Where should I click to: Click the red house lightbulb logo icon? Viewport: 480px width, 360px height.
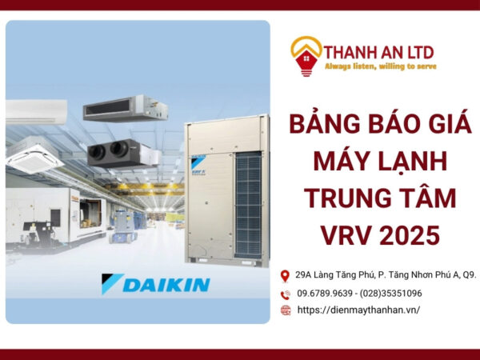(x=306, y=57)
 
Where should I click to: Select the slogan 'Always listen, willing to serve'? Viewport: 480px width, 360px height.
(x=381, y=66)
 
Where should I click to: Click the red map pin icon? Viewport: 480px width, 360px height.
(x=285, y=276)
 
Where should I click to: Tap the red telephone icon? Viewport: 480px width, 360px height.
(x=286, y=294)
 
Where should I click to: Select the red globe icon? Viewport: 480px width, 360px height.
(x=286, y=310)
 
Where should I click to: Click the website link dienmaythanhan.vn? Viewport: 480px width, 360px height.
(x=358, y=310)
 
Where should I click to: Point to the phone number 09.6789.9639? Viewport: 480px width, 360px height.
(x=325, y=294)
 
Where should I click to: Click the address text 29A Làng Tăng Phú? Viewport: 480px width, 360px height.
(x=335, y=275)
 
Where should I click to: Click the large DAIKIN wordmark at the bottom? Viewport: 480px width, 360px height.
(x=156, y=284)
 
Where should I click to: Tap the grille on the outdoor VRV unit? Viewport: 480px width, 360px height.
(x=248, y=205)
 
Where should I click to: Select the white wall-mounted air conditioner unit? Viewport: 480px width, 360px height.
(x=36, y=112)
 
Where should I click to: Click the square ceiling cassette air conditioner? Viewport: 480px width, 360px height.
(x=34, y=155)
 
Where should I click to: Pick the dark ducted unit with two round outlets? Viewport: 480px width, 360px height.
(x=124, y=153)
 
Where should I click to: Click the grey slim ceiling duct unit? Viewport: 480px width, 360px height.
(x=126, y=108)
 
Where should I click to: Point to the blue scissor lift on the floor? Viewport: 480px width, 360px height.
(x=123, y=226)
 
